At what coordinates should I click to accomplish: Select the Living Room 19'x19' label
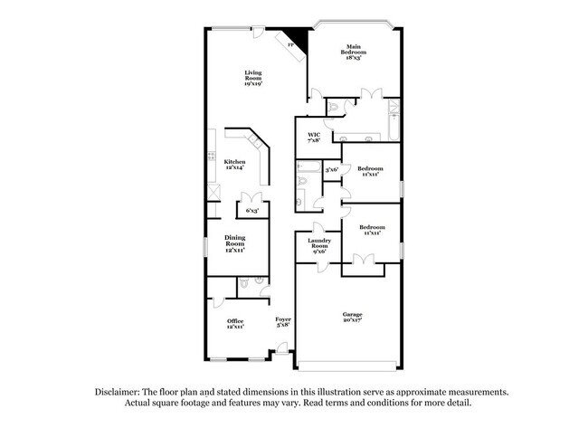[253, 78]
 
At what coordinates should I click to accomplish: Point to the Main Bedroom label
[352, 52]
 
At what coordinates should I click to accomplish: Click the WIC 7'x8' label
[315, 137]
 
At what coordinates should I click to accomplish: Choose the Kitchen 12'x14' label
[235, 166]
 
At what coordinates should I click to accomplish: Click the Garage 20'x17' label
[352, 317]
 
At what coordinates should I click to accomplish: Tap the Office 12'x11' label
[235, 324]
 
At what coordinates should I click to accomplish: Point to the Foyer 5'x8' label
[283, 323]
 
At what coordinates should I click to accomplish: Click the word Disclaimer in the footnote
[119, 392]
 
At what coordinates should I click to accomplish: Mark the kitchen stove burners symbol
[214, 191]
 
